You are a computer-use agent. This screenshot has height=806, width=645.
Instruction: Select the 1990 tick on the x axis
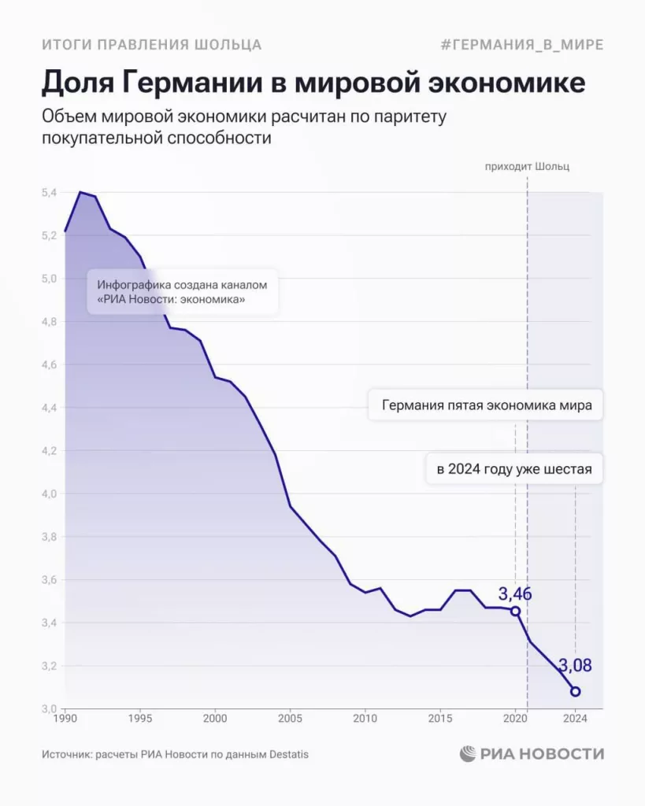pos(65,719)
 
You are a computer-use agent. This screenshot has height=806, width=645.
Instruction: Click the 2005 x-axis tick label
pos(290,719)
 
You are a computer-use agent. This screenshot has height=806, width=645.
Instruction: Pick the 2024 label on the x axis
pos(575,719)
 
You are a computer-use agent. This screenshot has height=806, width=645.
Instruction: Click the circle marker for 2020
pos(515,611)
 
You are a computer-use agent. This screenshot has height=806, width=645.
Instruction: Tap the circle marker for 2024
pos(576,692)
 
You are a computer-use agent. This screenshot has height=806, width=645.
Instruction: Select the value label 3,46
pos(515,593)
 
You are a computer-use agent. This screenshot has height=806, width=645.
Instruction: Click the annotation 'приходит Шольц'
pos(527,167)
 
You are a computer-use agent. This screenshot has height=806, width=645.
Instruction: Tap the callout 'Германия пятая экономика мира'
pos(486,406)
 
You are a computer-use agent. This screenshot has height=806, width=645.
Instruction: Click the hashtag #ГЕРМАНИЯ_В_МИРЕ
pos(522,45)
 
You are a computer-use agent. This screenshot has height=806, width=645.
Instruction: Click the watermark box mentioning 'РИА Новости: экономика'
pos(183,292)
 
